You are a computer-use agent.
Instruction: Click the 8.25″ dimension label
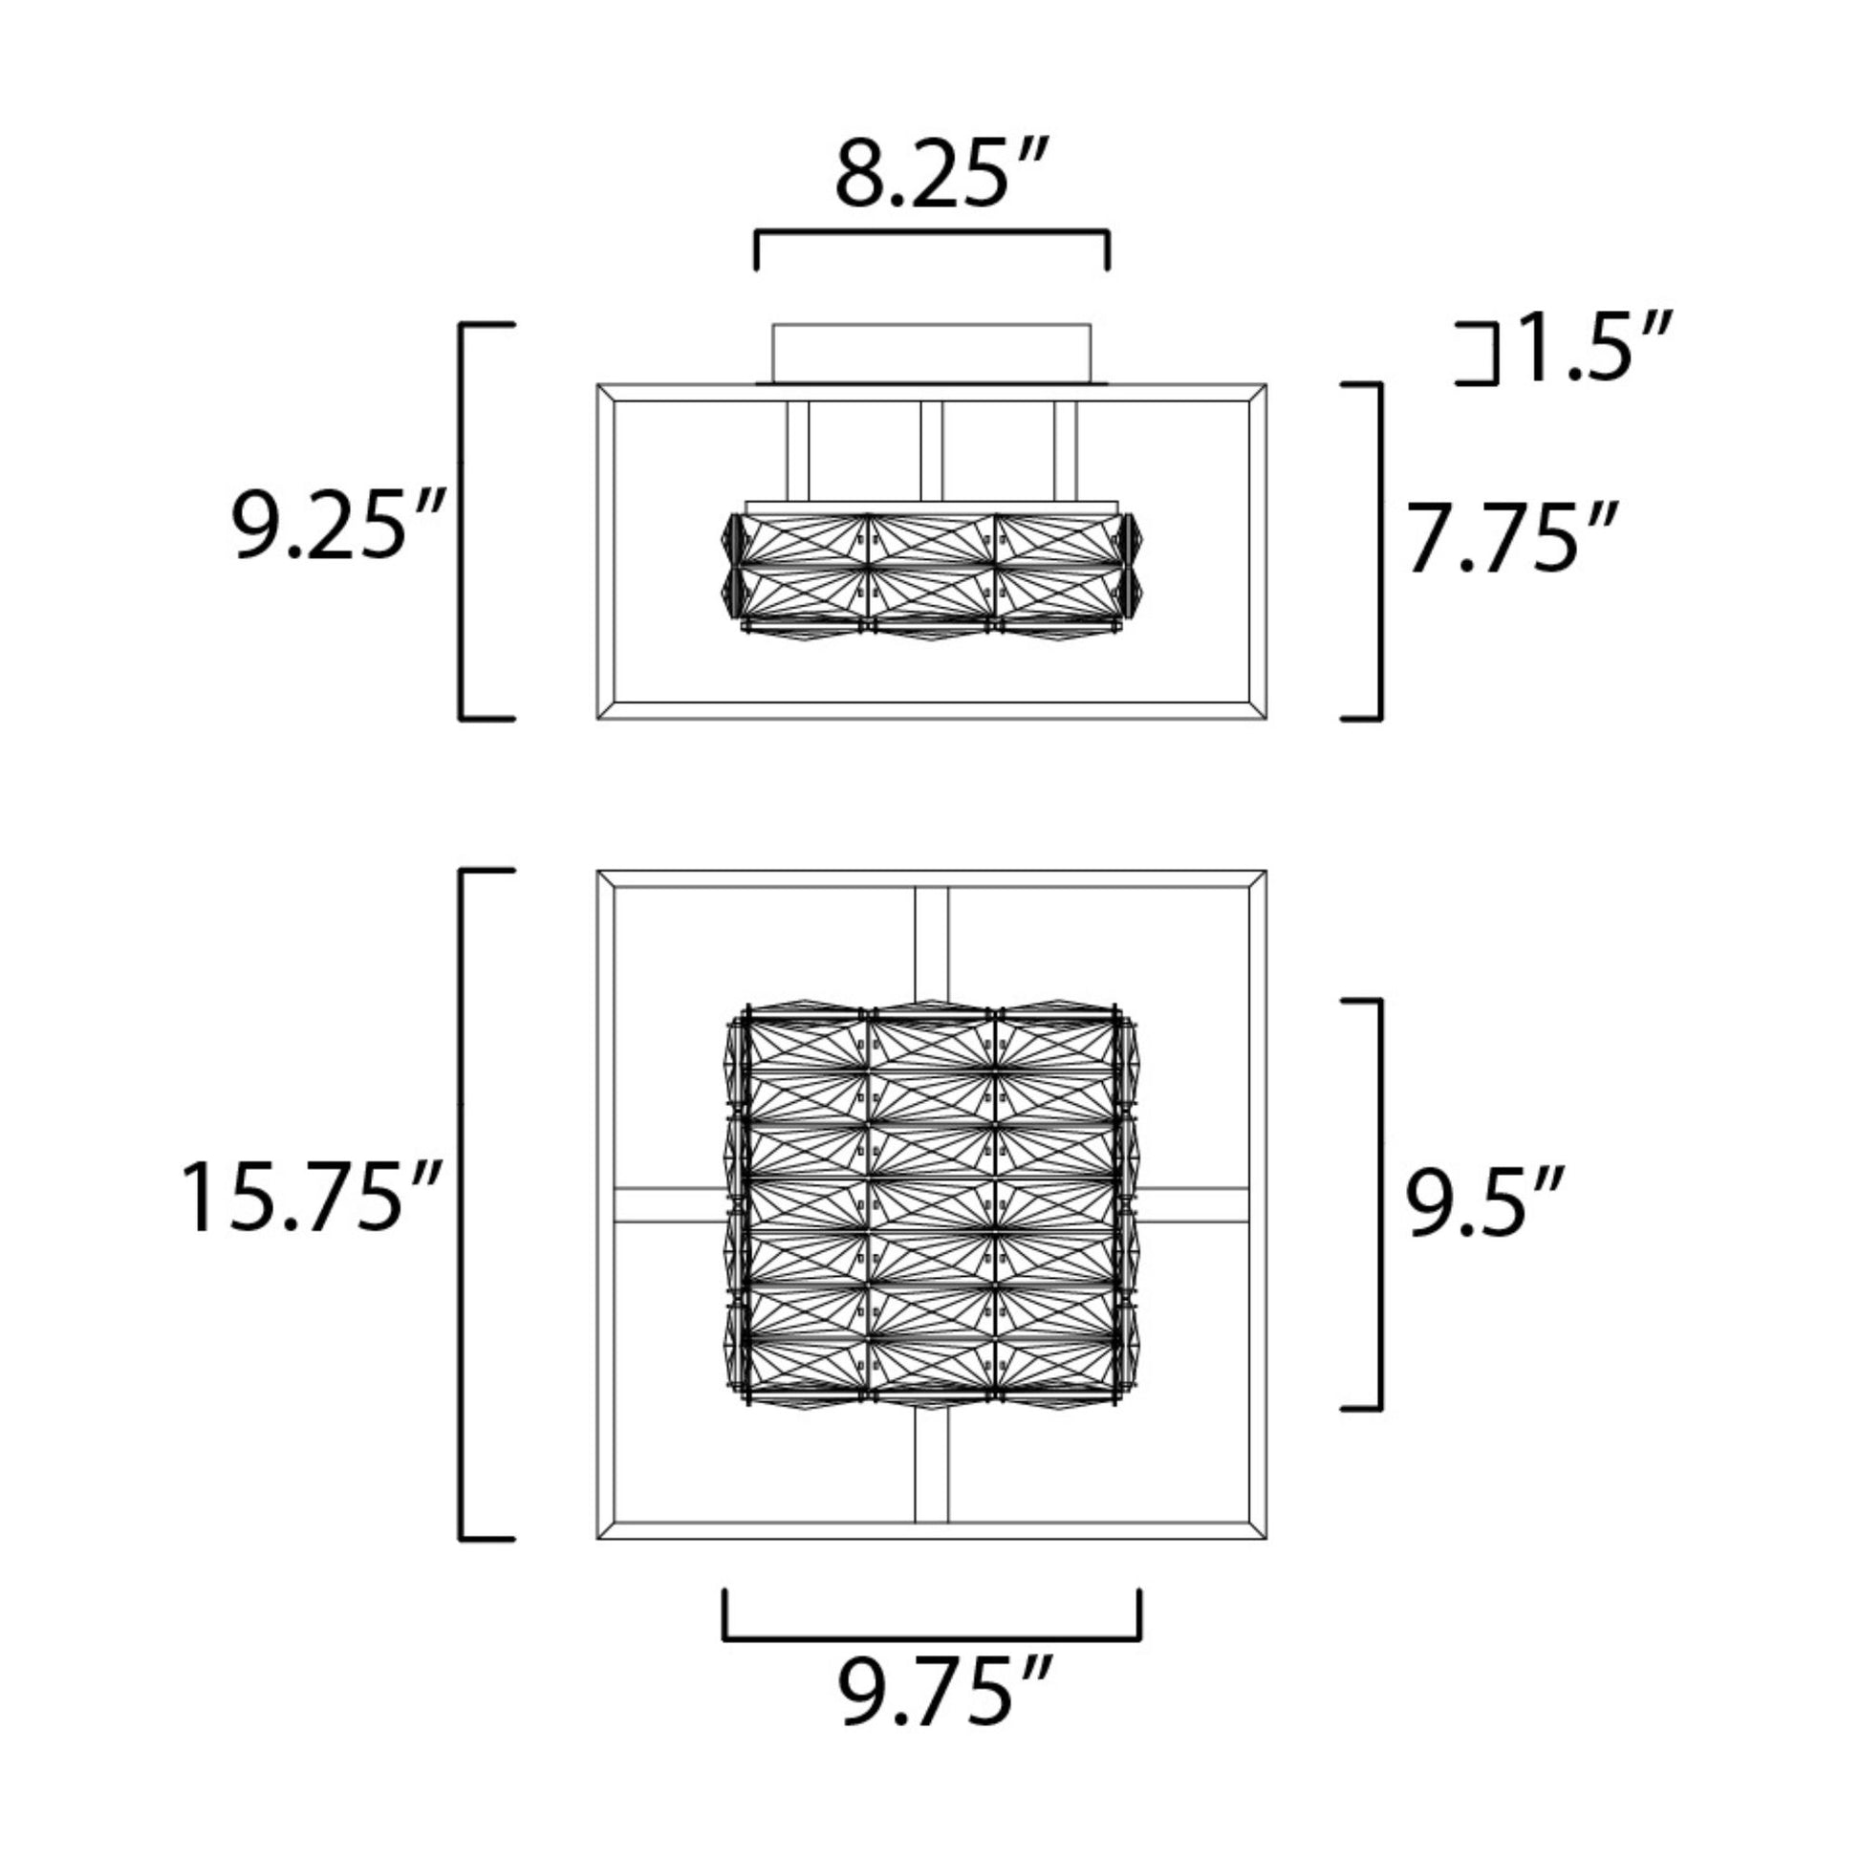click(x=941, y=173)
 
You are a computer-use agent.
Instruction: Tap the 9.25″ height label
click(x=337, y=526)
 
